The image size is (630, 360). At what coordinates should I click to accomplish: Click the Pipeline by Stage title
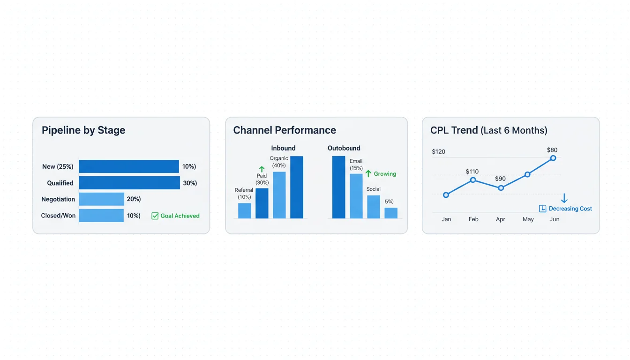[x=83, y=130]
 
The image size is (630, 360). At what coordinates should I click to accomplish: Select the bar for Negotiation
[x=101, y=199]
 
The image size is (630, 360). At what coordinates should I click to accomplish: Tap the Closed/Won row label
[x=58, y=216]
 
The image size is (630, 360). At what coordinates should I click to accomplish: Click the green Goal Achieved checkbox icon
[x=155, y=216]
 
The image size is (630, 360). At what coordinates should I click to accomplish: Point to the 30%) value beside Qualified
[x=189, y=183]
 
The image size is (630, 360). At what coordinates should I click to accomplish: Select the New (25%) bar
[x=128, y=166]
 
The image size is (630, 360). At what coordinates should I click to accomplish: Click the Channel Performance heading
[x=285, y=130]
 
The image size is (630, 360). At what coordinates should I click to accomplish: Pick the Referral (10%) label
[x=244, y=194]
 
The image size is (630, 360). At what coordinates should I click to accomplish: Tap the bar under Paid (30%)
[x=262, y=203]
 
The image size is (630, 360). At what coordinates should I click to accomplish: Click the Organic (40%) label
[x=279, y=162]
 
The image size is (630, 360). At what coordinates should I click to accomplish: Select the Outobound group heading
[x=344, y=148]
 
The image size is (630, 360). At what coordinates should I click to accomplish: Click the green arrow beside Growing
[x=368, y=173]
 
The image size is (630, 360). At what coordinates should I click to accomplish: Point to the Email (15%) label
[x=356, y=165]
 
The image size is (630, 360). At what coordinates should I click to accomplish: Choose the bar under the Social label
[x=374, y=207]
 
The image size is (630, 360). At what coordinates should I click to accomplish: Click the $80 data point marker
[x=553, y=158]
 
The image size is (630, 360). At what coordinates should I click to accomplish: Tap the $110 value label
[x=472, y=172]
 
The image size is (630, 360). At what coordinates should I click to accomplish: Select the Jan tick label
[x=446, y=219]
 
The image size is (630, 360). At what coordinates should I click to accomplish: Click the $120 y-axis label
[x=438, y=152]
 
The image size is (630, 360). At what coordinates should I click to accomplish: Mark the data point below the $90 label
[x=501, y=188]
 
